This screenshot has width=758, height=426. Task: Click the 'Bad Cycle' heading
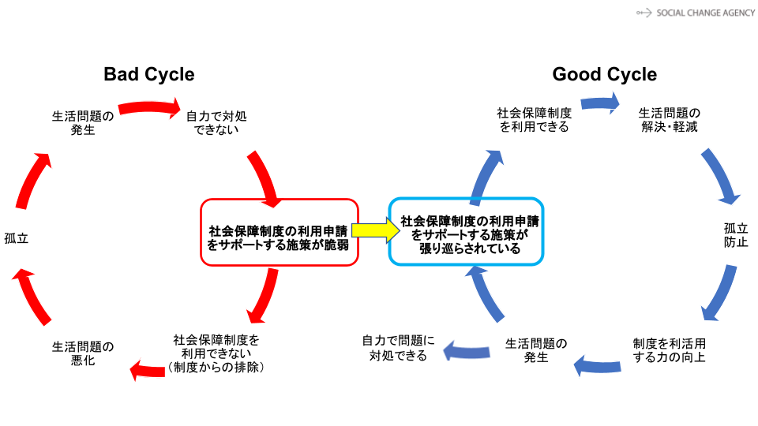point(148,74)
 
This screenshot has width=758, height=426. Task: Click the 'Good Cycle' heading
point(604,74)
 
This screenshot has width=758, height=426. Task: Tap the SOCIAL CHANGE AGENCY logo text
point(695,13)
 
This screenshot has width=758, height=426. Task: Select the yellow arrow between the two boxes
point(373,230)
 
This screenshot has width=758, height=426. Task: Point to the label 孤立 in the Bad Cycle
point(16,238)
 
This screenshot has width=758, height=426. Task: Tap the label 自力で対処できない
point(216,122)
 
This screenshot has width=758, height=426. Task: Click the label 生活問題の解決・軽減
point(669,120)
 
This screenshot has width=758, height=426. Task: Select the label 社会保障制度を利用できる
point(534,120)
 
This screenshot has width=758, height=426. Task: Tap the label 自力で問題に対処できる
point(398,348)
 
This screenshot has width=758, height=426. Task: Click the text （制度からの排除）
point(216,368)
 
